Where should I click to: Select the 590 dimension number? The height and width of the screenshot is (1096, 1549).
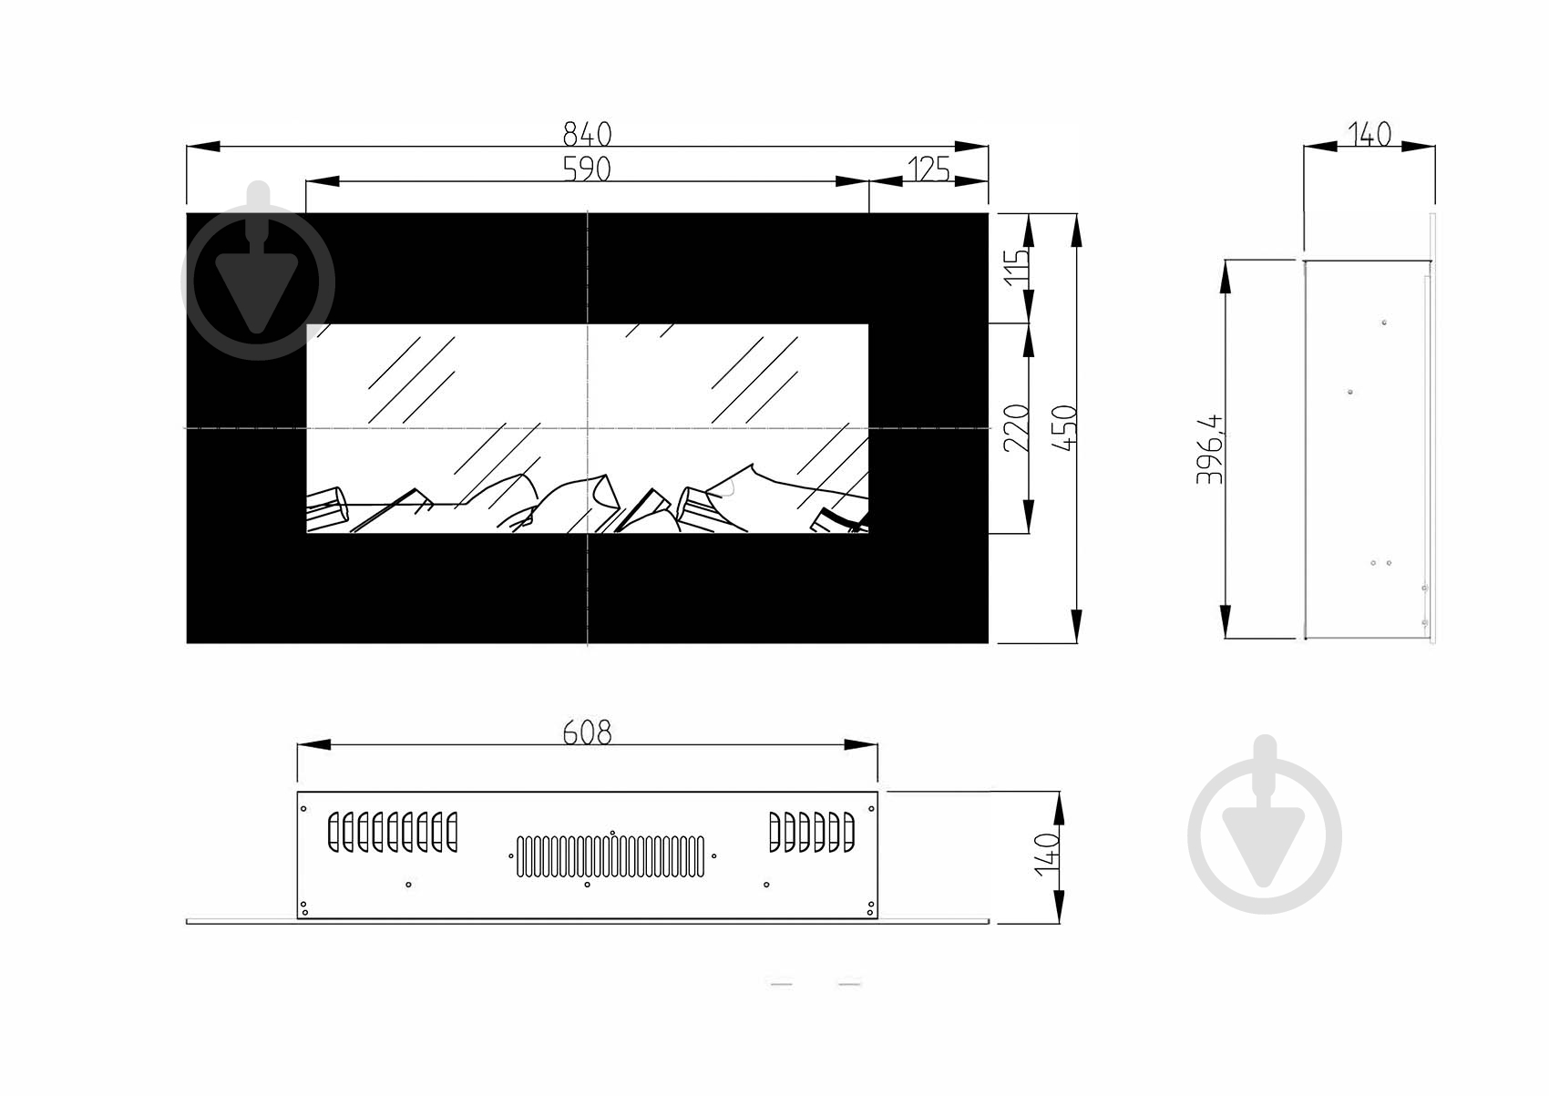coord(587,169)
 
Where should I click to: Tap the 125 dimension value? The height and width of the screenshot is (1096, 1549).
coord(928,169)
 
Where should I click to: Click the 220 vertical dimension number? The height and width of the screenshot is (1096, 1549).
coord(1017,428)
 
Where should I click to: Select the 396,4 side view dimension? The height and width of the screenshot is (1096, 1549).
coord(1210,449)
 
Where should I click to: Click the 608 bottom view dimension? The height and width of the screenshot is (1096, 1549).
coord(587,732)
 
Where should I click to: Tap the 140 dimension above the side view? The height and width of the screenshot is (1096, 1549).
coord(1369,134)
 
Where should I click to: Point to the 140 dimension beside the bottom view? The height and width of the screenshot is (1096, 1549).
coord(1047,855)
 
